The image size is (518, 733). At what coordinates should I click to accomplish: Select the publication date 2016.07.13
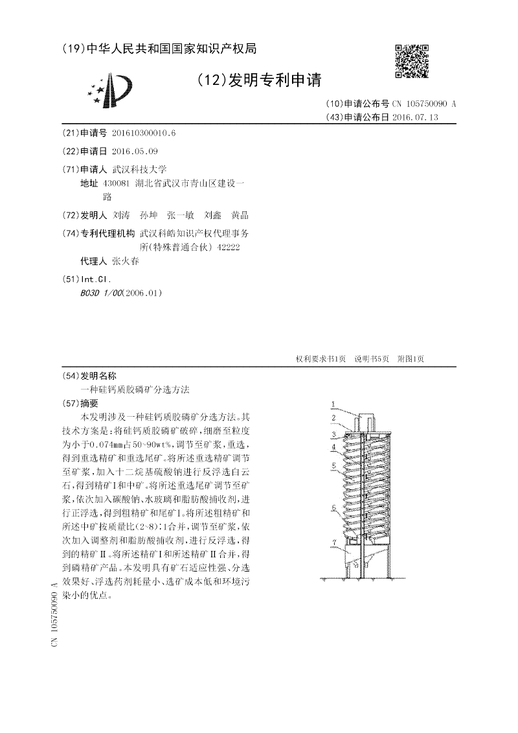pyautogui.click(x=415, y=117)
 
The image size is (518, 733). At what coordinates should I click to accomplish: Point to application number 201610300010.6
pyautogui.click(x=144, y=133)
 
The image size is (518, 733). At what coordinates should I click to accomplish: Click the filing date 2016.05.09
pyautogui.click(x=135, y=151)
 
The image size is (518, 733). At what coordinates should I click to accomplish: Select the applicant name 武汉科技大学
pyautogui.click(x=139, y=169)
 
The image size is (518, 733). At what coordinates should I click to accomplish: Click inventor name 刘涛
pyautogui.click(x=121, y=215)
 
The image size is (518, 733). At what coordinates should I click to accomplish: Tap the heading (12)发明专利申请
pyautogui.click(x=259, y=80)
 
